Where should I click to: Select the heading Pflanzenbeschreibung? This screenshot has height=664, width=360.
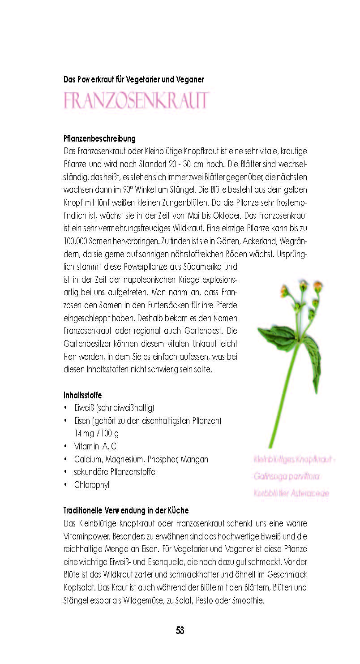tap(99, 139)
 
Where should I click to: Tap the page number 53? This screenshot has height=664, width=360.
tap(180, 630)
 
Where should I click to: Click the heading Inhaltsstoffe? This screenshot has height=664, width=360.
tap(83, 395)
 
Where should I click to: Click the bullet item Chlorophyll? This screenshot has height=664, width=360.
tap(92, 485)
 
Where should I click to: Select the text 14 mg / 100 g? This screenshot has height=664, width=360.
tap(97, 433)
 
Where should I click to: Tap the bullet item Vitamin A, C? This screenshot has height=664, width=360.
tap(95, 446)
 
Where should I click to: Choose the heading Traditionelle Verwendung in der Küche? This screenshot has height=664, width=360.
tap(126, 510)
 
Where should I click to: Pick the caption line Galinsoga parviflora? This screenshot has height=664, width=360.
tap(287, 476)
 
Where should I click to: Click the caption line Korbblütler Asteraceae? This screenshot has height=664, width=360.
tap(291, 493)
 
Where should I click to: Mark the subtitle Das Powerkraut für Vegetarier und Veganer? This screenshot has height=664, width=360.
tap(134, 80)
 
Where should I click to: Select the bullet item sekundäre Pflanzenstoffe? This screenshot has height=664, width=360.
tap(115, 472)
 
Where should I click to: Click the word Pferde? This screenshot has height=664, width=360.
tap(227, 306)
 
